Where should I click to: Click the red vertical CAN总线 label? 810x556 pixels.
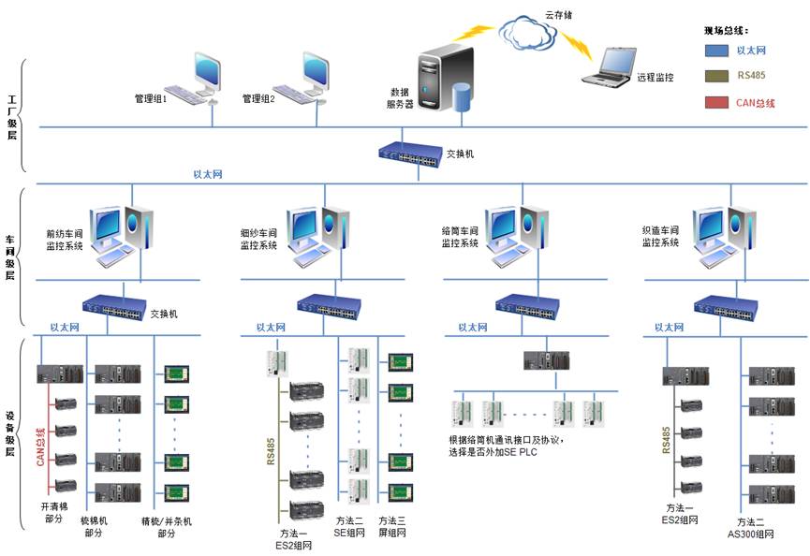(40, 446)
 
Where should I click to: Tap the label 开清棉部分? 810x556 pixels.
(53, 512)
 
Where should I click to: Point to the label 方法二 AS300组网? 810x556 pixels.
(755, 528)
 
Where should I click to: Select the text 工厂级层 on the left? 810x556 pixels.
(11, 116)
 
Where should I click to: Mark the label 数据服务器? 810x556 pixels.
(400, 98)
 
